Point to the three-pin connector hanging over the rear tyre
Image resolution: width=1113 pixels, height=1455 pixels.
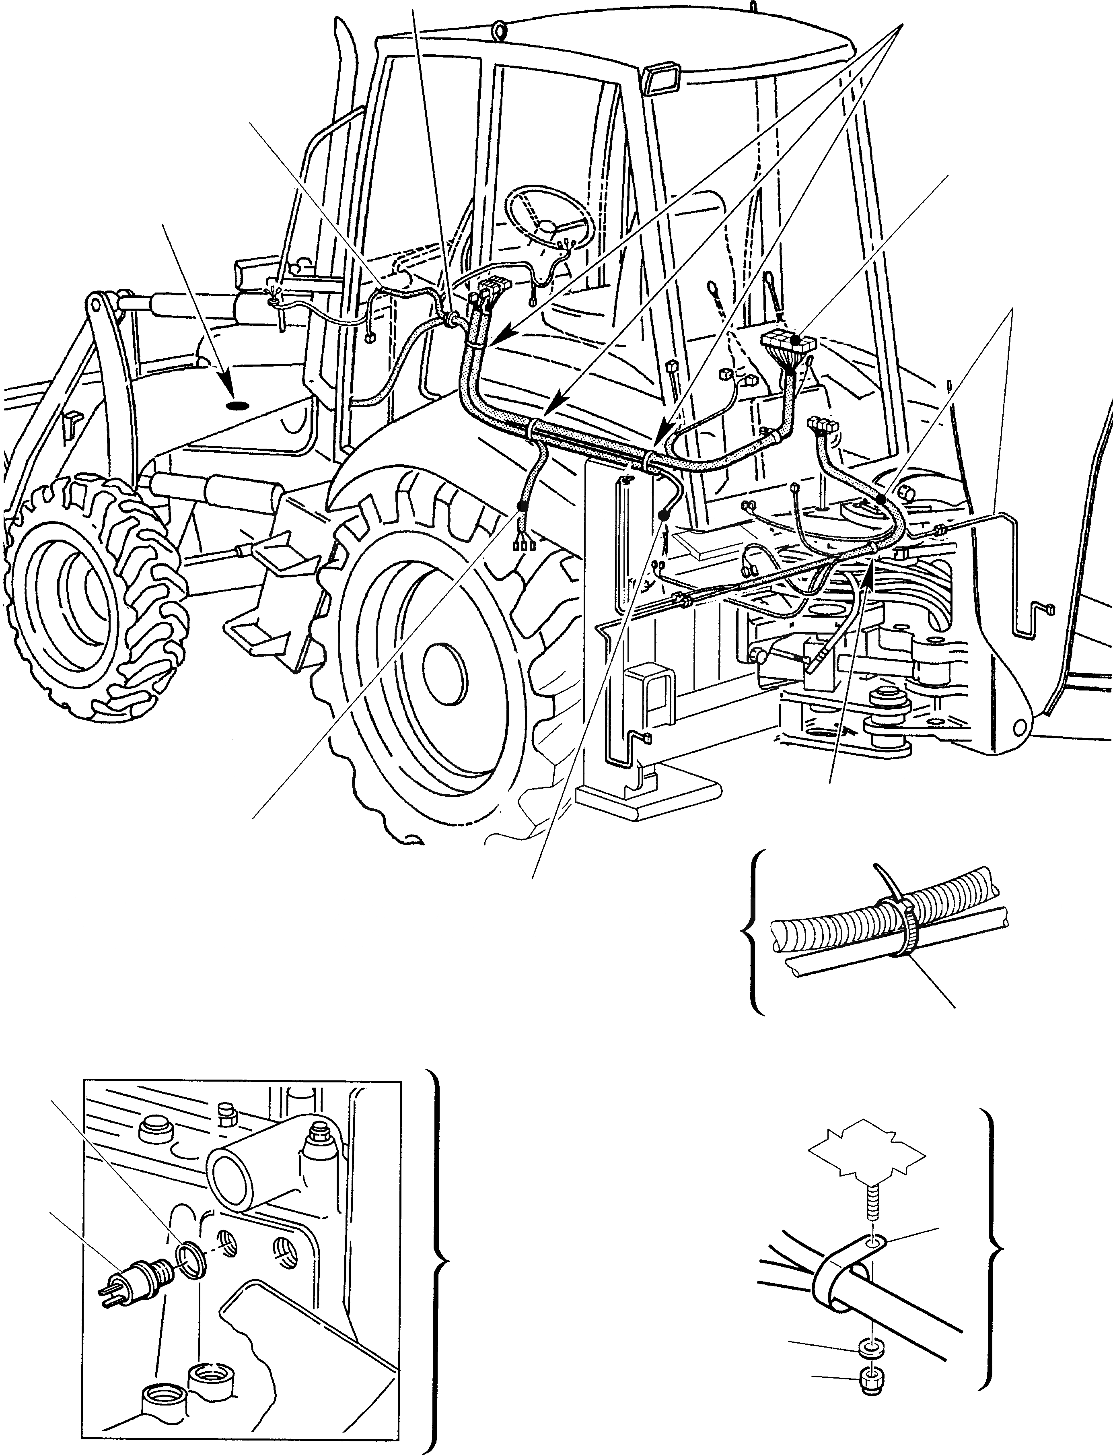click(x=523, y=545)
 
